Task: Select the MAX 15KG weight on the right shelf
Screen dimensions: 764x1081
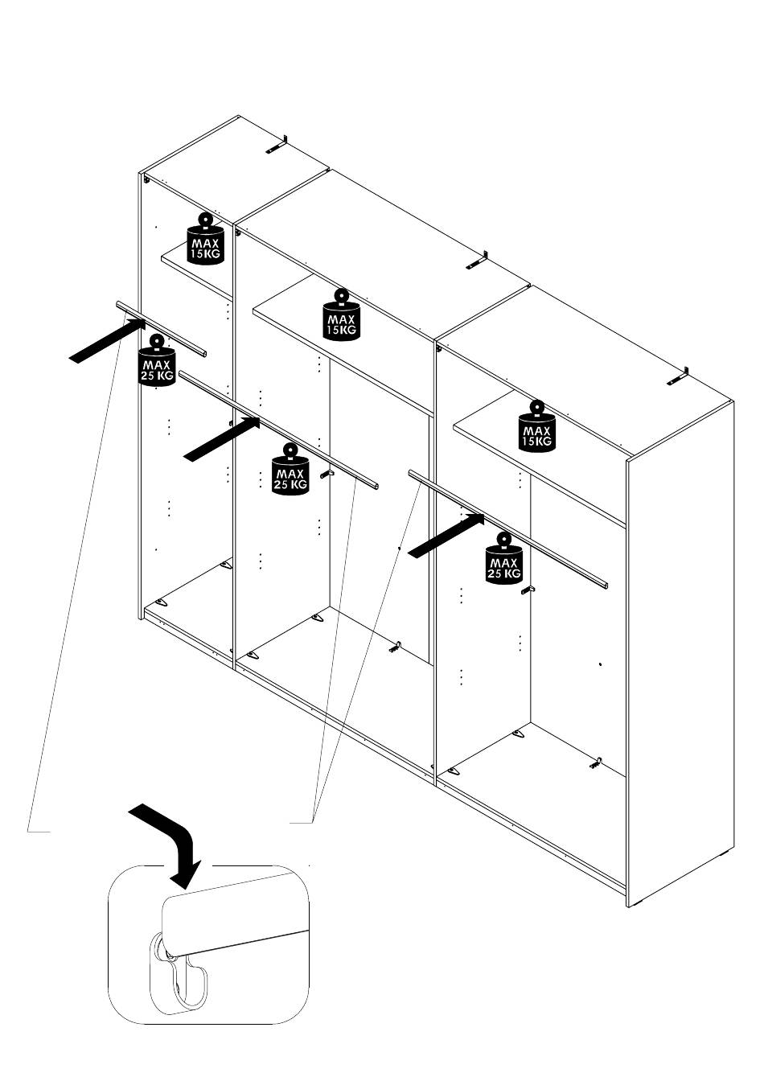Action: tap(536, 426)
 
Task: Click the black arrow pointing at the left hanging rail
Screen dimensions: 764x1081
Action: tap(108, 341)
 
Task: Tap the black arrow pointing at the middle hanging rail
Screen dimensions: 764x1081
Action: tap(222, 439)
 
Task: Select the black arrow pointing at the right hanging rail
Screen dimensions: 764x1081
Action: tap(446, 536)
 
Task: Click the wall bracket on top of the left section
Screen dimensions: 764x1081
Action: tap(277, 145)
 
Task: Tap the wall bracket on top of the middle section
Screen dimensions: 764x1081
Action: tap(478, 261)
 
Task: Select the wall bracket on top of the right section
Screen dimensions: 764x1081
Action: tap(678, 376)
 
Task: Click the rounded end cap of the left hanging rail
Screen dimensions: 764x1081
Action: tap(204, 354)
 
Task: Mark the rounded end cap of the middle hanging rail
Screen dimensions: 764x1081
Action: tap(375, 487)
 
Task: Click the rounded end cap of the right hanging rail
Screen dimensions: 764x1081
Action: tap(604, 586)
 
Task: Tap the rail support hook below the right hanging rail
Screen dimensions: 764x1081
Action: tap(528, 590)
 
